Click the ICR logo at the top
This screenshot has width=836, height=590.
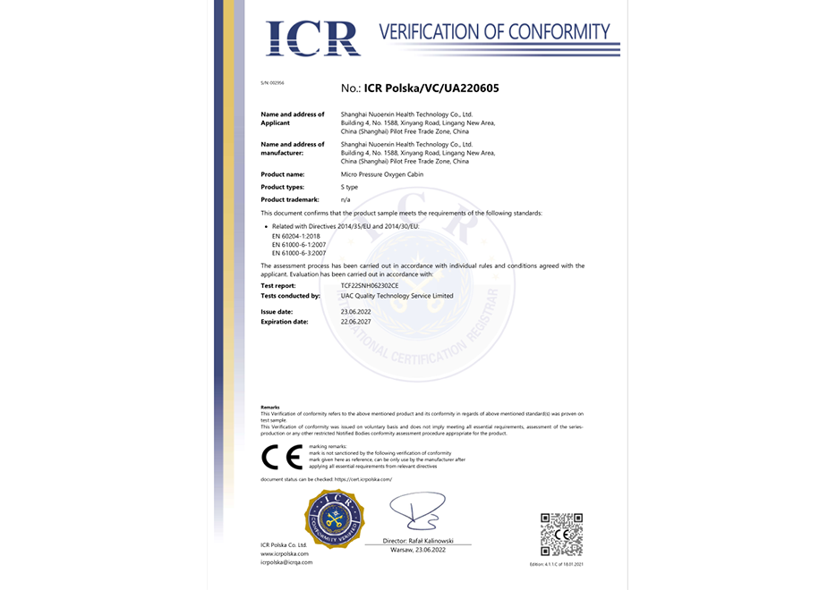click(312, 37)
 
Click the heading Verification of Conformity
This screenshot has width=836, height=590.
click(494, 32)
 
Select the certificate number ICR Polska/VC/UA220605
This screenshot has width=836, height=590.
click(420, 88)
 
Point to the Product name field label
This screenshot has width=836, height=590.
click(282, 174)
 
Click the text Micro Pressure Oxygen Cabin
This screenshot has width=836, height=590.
click(382, 174)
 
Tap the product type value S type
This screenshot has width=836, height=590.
click(350, 187)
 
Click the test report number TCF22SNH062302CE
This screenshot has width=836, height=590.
click(376, 285)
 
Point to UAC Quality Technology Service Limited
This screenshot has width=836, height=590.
click(397, 296)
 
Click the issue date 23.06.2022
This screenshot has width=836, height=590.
click(356, 310)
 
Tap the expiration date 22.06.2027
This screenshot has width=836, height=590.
click(356, 321)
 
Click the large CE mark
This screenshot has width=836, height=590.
click(281, 457)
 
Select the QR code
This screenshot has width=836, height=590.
click(561, 535)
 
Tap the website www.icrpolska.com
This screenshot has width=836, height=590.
click(285, 553)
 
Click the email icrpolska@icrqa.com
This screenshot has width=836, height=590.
click(286, 562)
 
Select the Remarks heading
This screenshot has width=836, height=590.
click(269, 407)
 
